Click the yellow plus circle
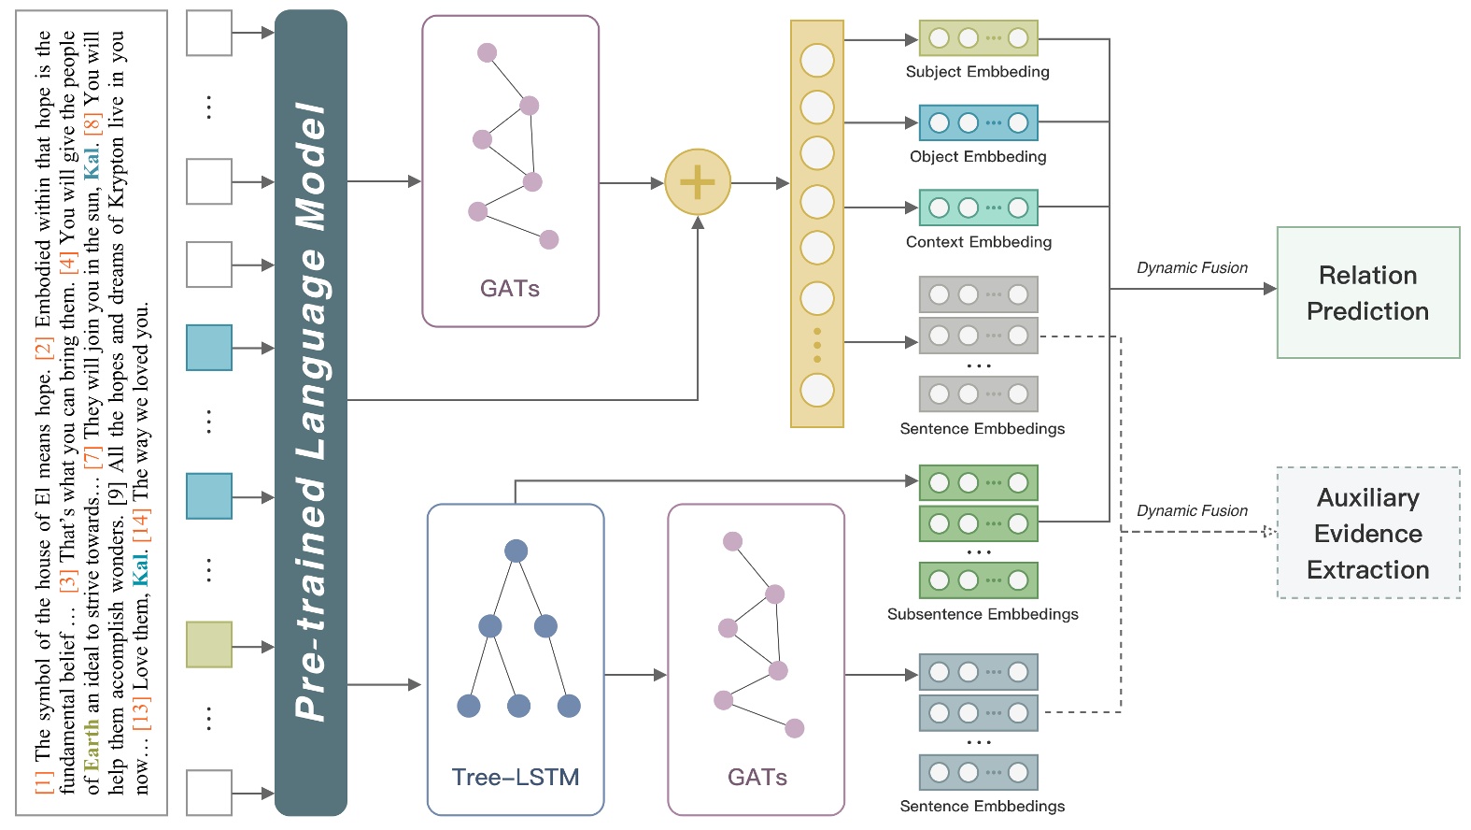coord(697,181)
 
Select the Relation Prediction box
coord(1367,293)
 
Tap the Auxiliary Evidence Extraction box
coord(1367,533)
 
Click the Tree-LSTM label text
coord(515,777)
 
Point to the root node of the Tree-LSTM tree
coord(516,551)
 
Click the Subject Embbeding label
coord(977,72)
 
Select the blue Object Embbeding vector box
coord(978,122)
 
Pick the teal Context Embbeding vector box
coord(978,207)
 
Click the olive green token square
coord(209,645)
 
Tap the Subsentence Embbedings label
coord(983,614)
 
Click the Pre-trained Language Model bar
coord(311,411)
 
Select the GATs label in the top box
coord(510,288)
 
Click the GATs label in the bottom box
coord(757,777)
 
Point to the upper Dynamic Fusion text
coord(1192,268)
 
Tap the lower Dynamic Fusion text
coord(1192,511)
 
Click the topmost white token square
coord(209,34)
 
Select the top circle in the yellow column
coord(817,61)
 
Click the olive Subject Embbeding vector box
coord(978,38)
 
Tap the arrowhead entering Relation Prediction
coord(1269,289)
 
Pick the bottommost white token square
coord(209,793)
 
